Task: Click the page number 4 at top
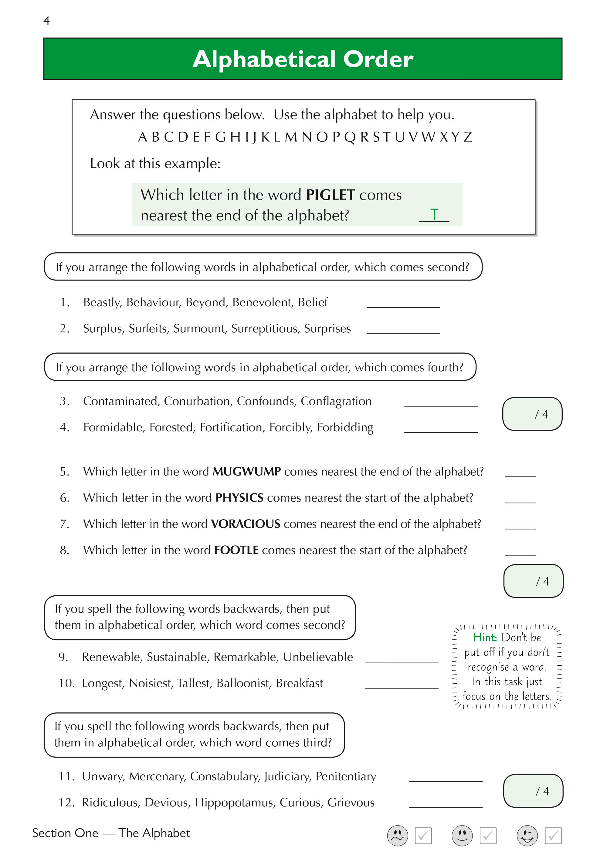coord(46,21)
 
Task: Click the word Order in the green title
coord(378,59)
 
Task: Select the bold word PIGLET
coord(330,195)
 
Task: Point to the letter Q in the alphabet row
coord(350,137)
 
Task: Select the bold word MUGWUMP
coord(246,472)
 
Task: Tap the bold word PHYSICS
coord(239,498)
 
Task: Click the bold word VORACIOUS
coord(245,524)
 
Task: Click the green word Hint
coord(485,638)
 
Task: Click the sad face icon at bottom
coord(398,836)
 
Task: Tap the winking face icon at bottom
coord(527,836)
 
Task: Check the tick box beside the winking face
coord(553,836)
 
